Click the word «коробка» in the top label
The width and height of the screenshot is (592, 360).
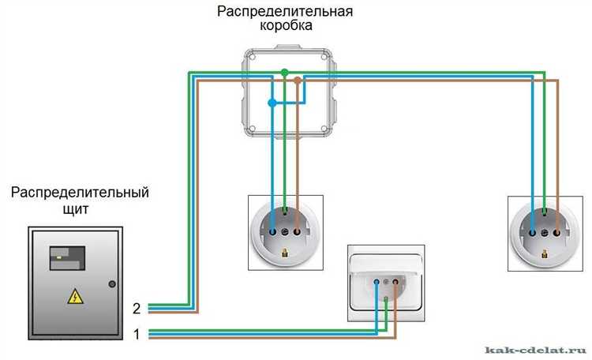click(x=286, y=25)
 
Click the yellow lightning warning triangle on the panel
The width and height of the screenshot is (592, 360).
click(x=74, y=297)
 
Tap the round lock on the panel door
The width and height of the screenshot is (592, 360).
click(x=112, y=283)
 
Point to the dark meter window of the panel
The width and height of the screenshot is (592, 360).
click(x=66, y=254)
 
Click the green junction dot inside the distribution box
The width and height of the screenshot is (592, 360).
click(x=284, y=73)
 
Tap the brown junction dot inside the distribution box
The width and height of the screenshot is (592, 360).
click(x=297, y=80)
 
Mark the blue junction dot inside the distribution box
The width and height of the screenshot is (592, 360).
click(x=272, y=103)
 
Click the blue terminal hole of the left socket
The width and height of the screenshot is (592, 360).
click(x=272, y=233)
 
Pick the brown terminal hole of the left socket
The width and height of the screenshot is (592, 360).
click(x=297, y=233)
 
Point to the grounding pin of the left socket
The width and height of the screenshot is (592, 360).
click(x=285, y=253)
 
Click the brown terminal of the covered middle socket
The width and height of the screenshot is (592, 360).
click(x=395, y=280)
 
